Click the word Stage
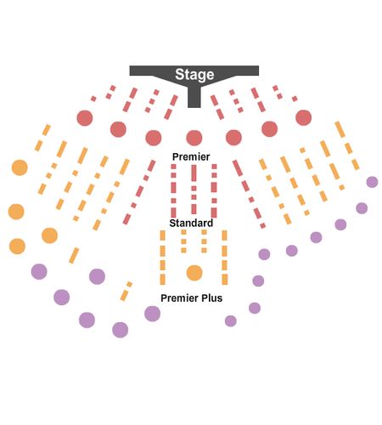(x=194, y=75)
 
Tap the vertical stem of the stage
(x=194, y=96)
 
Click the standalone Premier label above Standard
(x=191, y=156)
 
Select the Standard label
(x=191, y=223)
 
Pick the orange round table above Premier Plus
(x=194, y=273)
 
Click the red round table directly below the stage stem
(x=194, y=138)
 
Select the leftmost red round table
(x=85, y=118)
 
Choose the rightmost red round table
(x=304, y=117)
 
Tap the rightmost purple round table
(x=372, y=182)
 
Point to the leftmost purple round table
(x=39, y=271)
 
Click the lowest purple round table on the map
(x=121, y=330)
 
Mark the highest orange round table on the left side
(x=20, y=167)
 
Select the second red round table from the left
(x=118, y=129)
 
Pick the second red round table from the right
(x=270, y=129)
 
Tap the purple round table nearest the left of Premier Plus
(x=152, y=314)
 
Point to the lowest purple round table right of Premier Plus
(x=231, y=321)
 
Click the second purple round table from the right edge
(x=362, y=208)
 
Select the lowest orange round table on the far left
(x=17, y=246)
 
